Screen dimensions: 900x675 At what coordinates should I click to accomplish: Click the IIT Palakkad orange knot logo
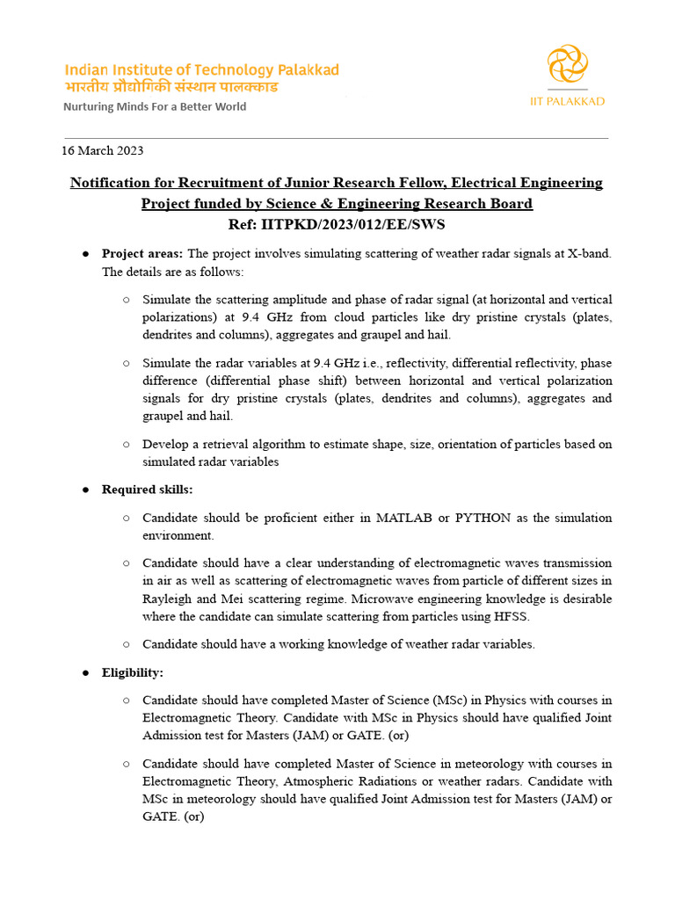coord(567,66)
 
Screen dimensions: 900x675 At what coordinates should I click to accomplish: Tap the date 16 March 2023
coord(102,150)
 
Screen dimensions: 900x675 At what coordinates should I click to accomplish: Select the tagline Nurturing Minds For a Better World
coord(154,106)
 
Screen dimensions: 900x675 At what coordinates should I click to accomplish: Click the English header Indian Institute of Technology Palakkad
coord(201,70)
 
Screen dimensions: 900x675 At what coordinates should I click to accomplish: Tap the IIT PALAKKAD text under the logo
coord(567,101)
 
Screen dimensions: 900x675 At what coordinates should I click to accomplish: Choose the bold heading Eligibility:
coord(132,672)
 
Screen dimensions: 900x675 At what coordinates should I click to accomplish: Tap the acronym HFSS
coord(515,616)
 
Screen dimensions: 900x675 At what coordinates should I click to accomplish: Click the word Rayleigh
coord(167,599)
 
